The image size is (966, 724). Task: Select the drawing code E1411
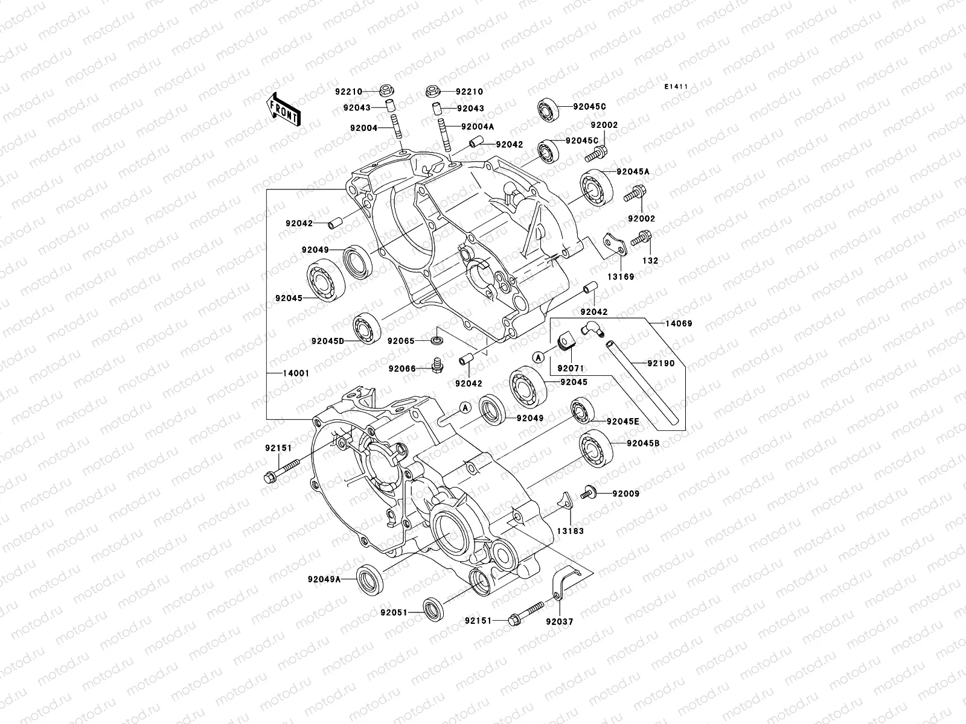677,87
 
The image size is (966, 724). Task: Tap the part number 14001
296,373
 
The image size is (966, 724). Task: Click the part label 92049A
324,579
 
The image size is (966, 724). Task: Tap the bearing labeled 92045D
366,329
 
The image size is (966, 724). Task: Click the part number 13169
621,277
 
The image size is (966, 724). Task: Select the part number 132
650,261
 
